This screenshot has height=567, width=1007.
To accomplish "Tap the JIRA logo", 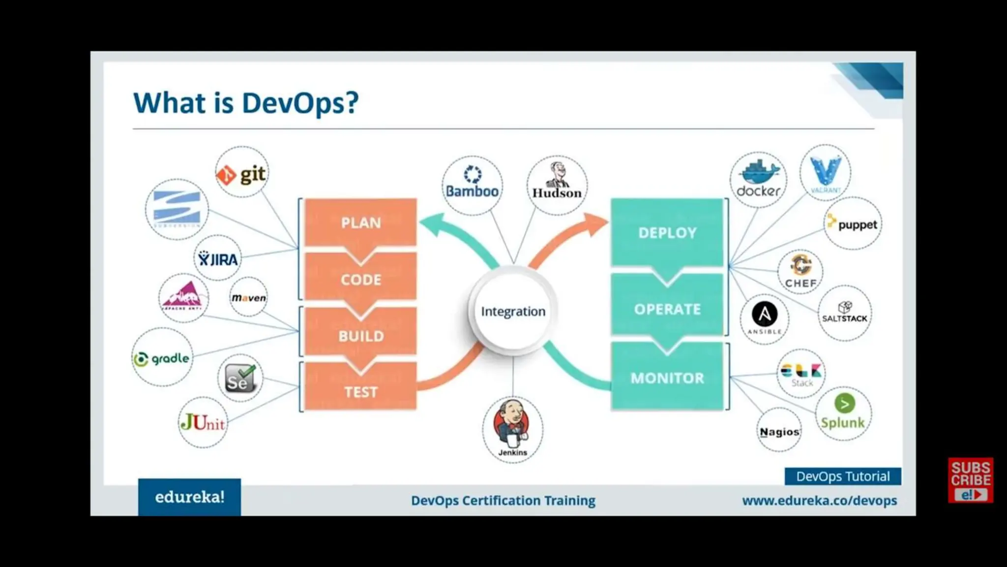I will click(217, 258).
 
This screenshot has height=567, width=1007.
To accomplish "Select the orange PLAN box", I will click(360, 222).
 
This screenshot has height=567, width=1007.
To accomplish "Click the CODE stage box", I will click(360, 279).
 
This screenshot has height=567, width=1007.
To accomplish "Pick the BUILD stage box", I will click(360, 336).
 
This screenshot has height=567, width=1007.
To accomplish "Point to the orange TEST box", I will click(360, 392).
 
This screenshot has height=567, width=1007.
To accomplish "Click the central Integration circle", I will click(513, 311).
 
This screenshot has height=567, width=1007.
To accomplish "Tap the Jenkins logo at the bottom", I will click(512, 429).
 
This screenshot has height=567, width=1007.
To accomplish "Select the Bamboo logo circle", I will click(472, 185).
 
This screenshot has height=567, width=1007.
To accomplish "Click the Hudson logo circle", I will click(557, 185).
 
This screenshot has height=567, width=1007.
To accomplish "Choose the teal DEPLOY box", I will click(667, 232).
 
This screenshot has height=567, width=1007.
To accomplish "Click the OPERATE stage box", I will click(667, 309).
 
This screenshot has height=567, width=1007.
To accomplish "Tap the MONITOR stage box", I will click(667, 378).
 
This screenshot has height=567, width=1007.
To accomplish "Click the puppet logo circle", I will click(853, 224).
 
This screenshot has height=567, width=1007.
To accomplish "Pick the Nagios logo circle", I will click(779, 431).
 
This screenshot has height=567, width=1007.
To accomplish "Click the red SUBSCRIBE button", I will click(970, 480).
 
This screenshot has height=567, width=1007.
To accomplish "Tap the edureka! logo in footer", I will click(189, 497).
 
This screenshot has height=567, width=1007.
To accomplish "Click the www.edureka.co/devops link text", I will click(819, 501).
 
